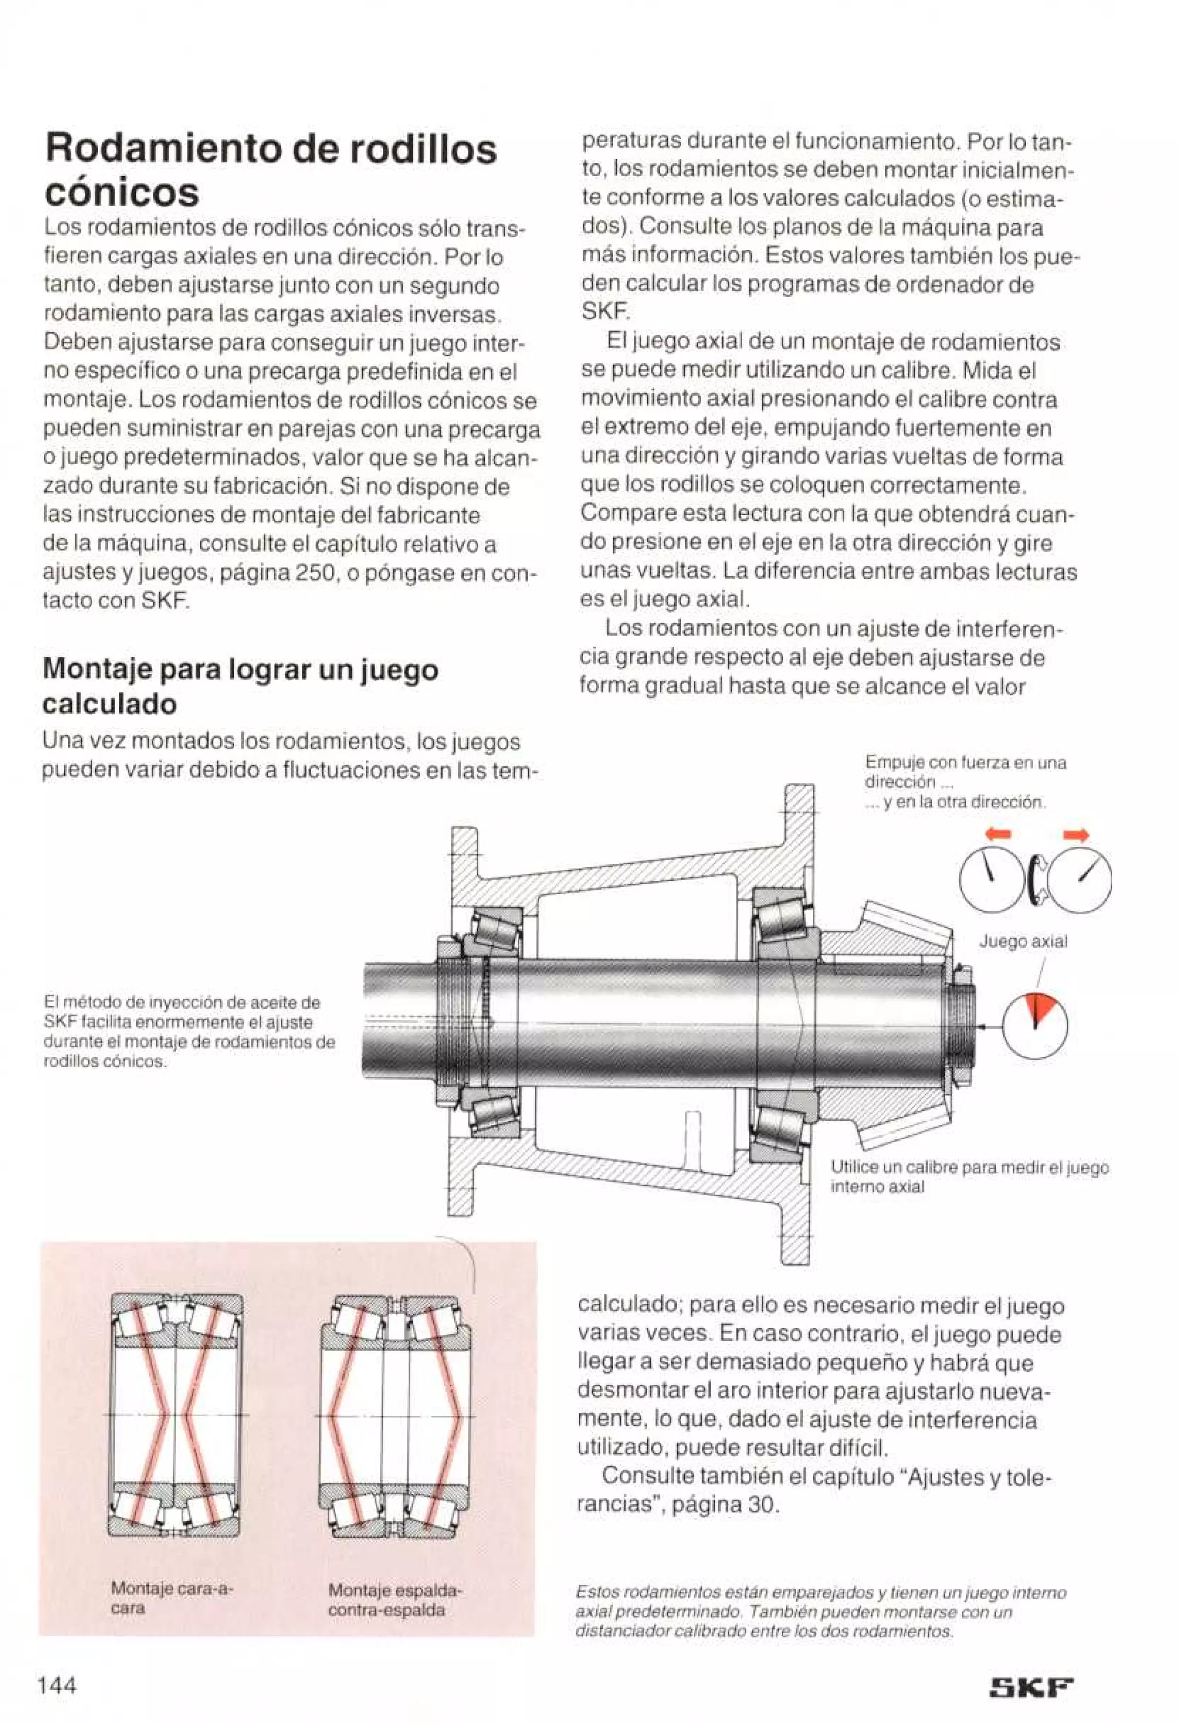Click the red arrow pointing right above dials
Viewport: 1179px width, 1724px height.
[1075, 835]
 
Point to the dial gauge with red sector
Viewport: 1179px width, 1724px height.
[1035, 1027]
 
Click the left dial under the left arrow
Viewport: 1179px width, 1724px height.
[992, 880]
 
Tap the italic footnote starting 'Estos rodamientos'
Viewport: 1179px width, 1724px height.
[820, 1611]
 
